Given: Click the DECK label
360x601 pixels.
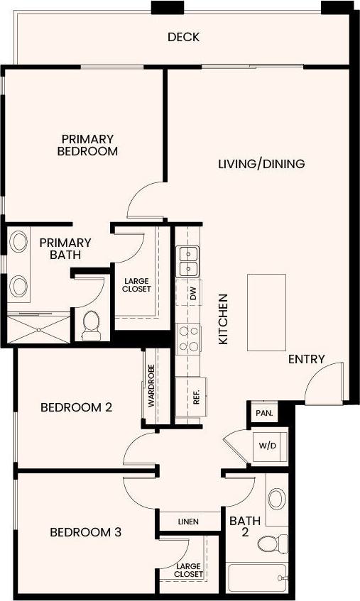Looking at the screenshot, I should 183,37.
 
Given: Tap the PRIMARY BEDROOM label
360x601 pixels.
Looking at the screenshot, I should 87,145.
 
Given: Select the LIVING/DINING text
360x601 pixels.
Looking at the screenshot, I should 261,164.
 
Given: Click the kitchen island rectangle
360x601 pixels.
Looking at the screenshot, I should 266,312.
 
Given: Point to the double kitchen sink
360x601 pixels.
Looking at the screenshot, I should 188,261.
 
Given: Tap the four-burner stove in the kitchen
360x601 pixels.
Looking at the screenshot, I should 188,338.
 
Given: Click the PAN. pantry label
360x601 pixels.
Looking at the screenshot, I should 262,412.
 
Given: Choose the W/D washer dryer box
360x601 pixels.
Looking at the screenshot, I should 268,446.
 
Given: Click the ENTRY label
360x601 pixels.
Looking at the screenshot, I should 306,360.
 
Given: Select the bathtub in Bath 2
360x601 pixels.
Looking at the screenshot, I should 257,578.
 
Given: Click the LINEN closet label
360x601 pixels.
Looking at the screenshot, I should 189,522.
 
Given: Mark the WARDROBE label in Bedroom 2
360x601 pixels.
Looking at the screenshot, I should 151,386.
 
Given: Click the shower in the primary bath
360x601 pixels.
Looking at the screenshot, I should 38,328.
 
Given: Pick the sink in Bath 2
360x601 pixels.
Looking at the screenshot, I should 277,497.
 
